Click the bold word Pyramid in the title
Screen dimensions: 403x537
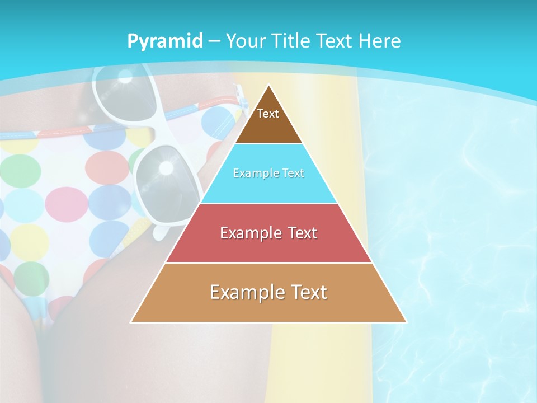pyautogui.click(x=164, y=41)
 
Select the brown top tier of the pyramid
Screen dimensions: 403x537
pyautogui.click(x=268, y=126)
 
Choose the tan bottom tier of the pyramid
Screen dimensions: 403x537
pyautogui.click(x=268, y=308)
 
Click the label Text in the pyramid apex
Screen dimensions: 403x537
pyautogui.click(x=268, y=114)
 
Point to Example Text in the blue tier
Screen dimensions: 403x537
pyautogui.click(x=268, y=173)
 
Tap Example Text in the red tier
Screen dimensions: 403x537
pyautogui.click(x=268, y=233)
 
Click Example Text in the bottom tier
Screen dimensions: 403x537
pyautogui.click(x=268, y=292)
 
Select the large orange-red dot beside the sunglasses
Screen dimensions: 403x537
pyautogui.click(x=107, y=167)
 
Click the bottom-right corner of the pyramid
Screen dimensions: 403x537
pyautogui.click(x=406, y=322)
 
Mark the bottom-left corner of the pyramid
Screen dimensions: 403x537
pyautogui.click(x=131, y=322)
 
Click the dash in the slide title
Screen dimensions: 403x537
pyautogui.click(x=214, y=41)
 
